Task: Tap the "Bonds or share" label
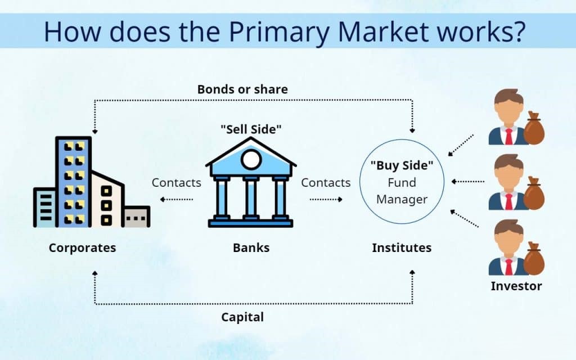tap(242, 89)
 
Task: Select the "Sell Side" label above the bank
tap(250, 129)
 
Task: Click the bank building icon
tap(250, 183)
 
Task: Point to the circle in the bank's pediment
tap(250, 160)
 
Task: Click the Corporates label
tap(82, 247)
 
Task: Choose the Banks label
tap(251, 247)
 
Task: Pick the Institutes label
tap(402, 247)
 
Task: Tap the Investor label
tap(516, 286)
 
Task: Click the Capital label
tap(242, 317)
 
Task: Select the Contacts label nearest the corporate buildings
tap(176, 183)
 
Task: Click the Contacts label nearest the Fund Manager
tap(326, 183)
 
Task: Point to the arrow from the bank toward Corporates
tap(177, 199)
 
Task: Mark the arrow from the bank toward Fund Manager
tap(326, 199)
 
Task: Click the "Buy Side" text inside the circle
tap(402, 167)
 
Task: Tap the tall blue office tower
tap(73, 180)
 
